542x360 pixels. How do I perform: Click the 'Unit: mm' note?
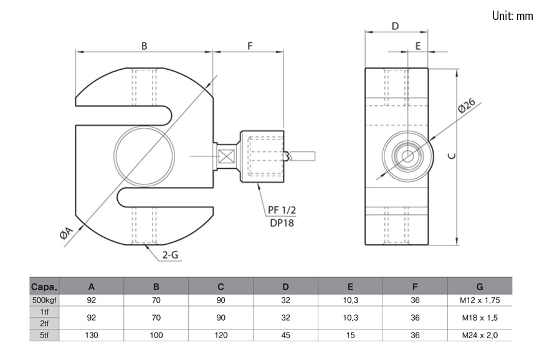(x=512, y=16)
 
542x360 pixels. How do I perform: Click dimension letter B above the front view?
(x=144, y=45)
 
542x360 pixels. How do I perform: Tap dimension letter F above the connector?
(x=249, y=45)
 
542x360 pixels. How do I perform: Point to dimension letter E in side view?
(x=417, y=45)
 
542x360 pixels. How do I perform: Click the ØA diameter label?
(x=67, y=236)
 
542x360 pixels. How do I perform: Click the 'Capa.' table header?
(x=44, y=287)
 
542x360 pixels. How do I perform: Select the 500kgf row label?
(x=44, y=300)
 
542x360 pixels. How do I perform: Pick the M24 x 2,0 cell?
(x=479, y=335)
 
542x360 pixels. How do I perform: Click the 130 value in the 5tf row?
(x=92, y=335)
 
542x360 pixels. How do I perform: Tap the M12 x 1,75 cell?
(x=479, y=300)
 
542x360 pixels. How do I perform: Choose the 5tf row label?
(x=44, y=335)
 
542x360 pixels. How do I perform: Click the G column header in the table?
(x=479, y=287)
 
